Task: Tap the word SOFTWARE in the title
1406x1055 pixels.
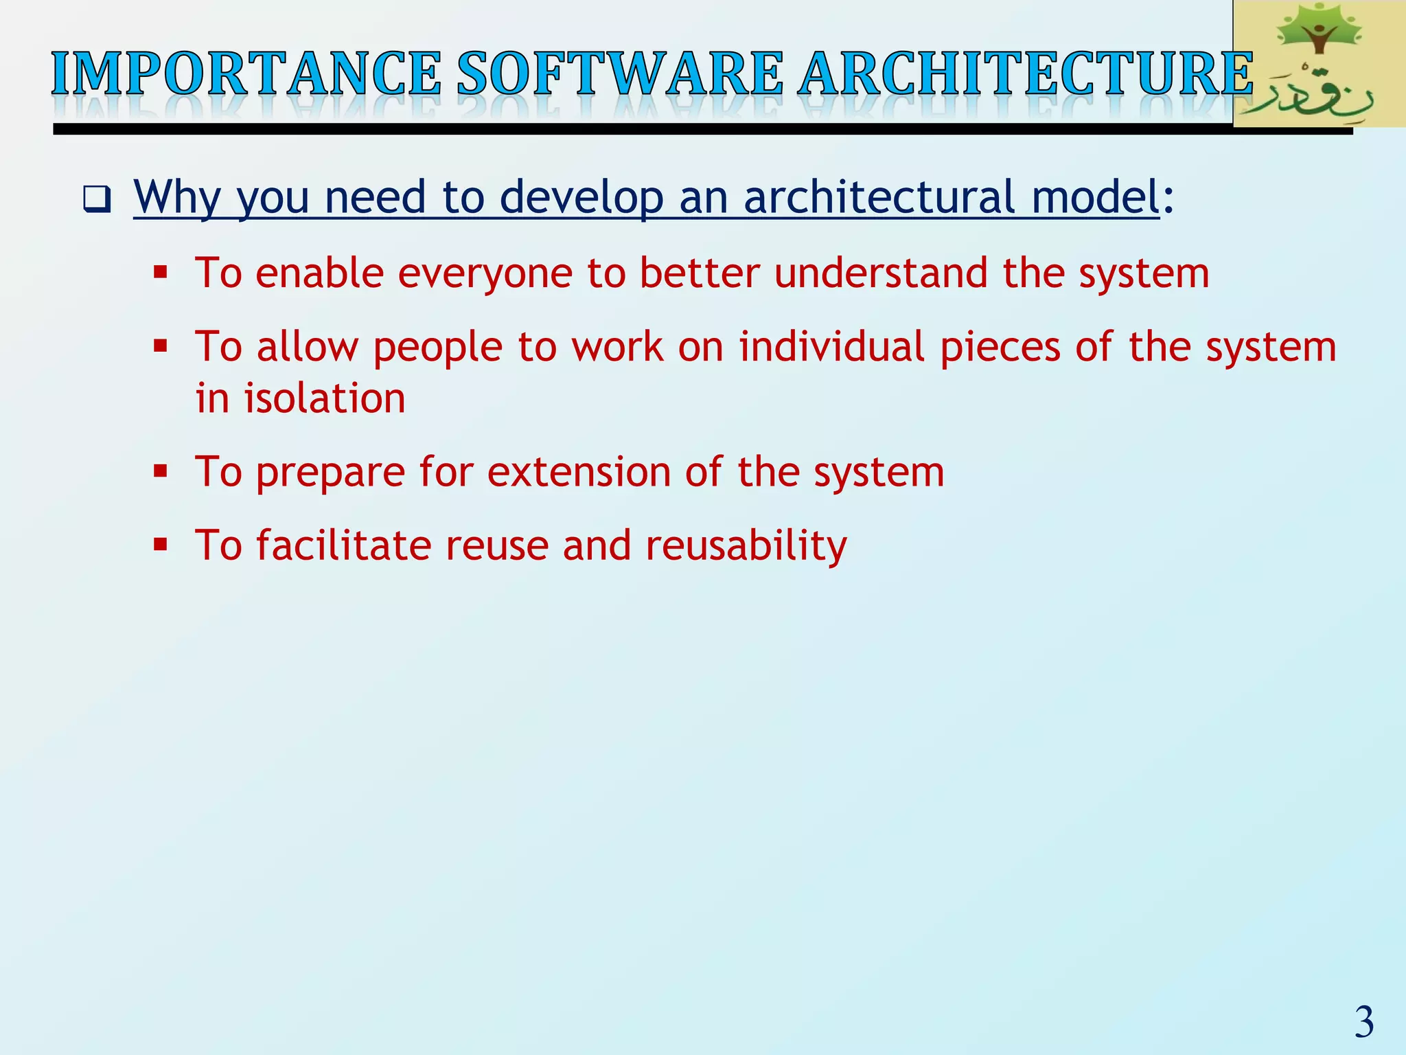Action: [619, 74]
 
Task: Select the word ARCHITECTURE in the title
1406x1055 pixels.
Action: [1026, 74]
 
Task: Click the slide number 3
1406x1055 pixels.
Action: [1363, 1022]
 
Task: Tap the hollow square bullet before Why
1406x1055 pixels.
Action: [97, 199]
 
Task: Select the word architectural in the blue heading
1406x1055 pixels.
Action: [879, 196]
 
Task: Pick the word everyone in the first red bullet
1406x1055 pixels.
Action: [485, 273]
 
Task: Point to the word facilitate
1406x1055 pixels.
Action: [343, 545]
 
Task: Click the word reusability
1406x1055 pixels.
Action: [746, 546]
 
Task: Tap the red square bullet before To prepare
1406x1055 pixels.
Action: [161, 472]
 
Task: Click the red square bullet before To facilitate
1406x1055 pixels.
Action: [161, 545]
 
